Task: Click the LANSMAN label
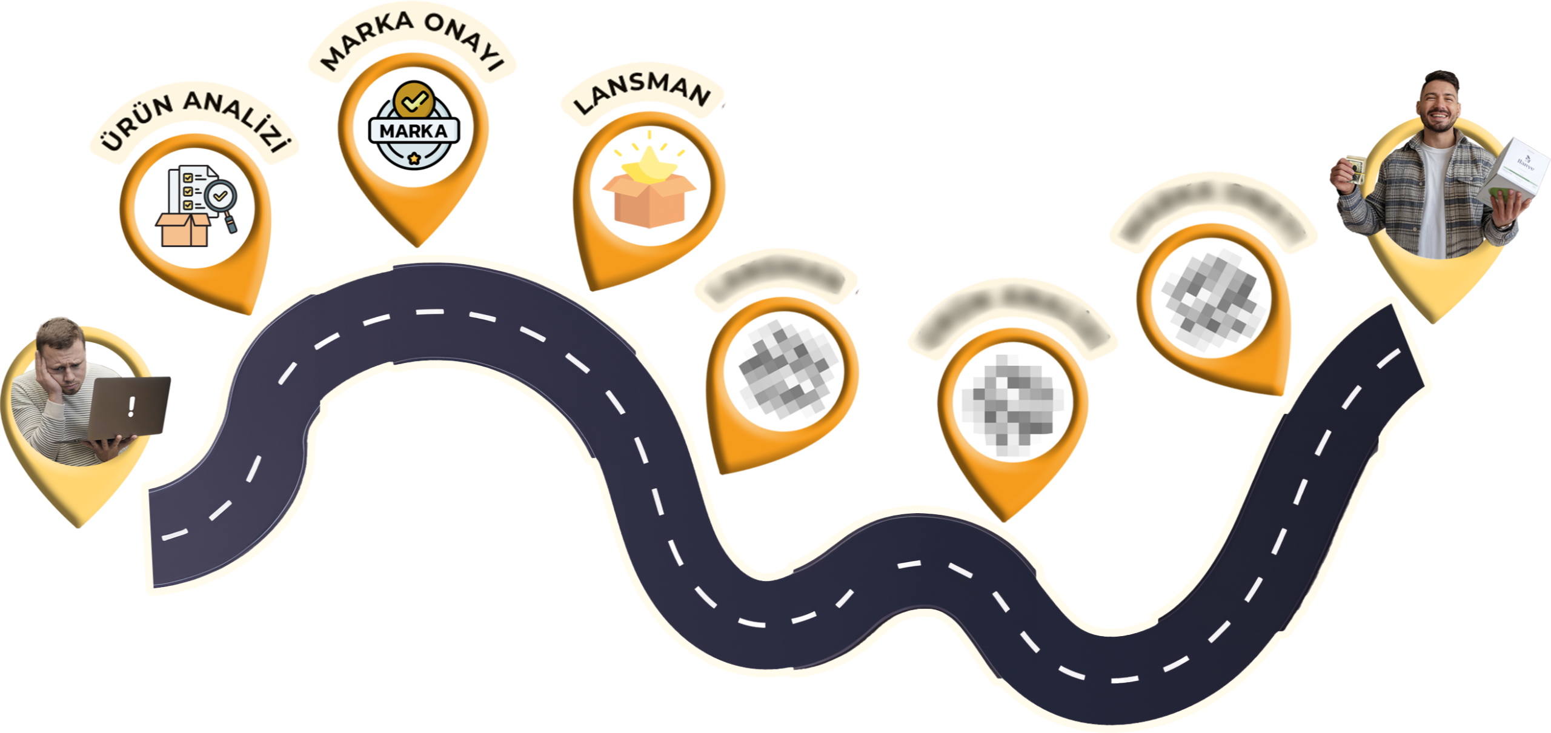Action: [x=642, y=94]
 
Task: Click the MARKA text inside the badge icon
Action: [x=413, y=131]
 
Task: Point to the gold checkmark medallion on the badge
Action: [x=413, y=100]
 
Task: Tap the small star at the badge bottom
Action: [x=414, y=159]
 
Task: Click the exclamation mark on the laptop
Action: [x=131, y=406]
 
